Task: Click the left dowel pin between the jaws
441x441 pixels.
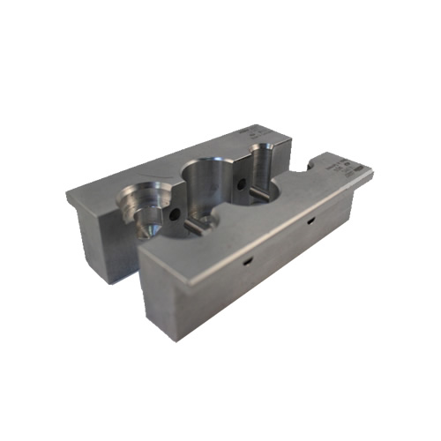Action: coord(197,227)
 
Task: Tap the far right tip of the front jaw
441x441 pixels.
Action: coord(372,172)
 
